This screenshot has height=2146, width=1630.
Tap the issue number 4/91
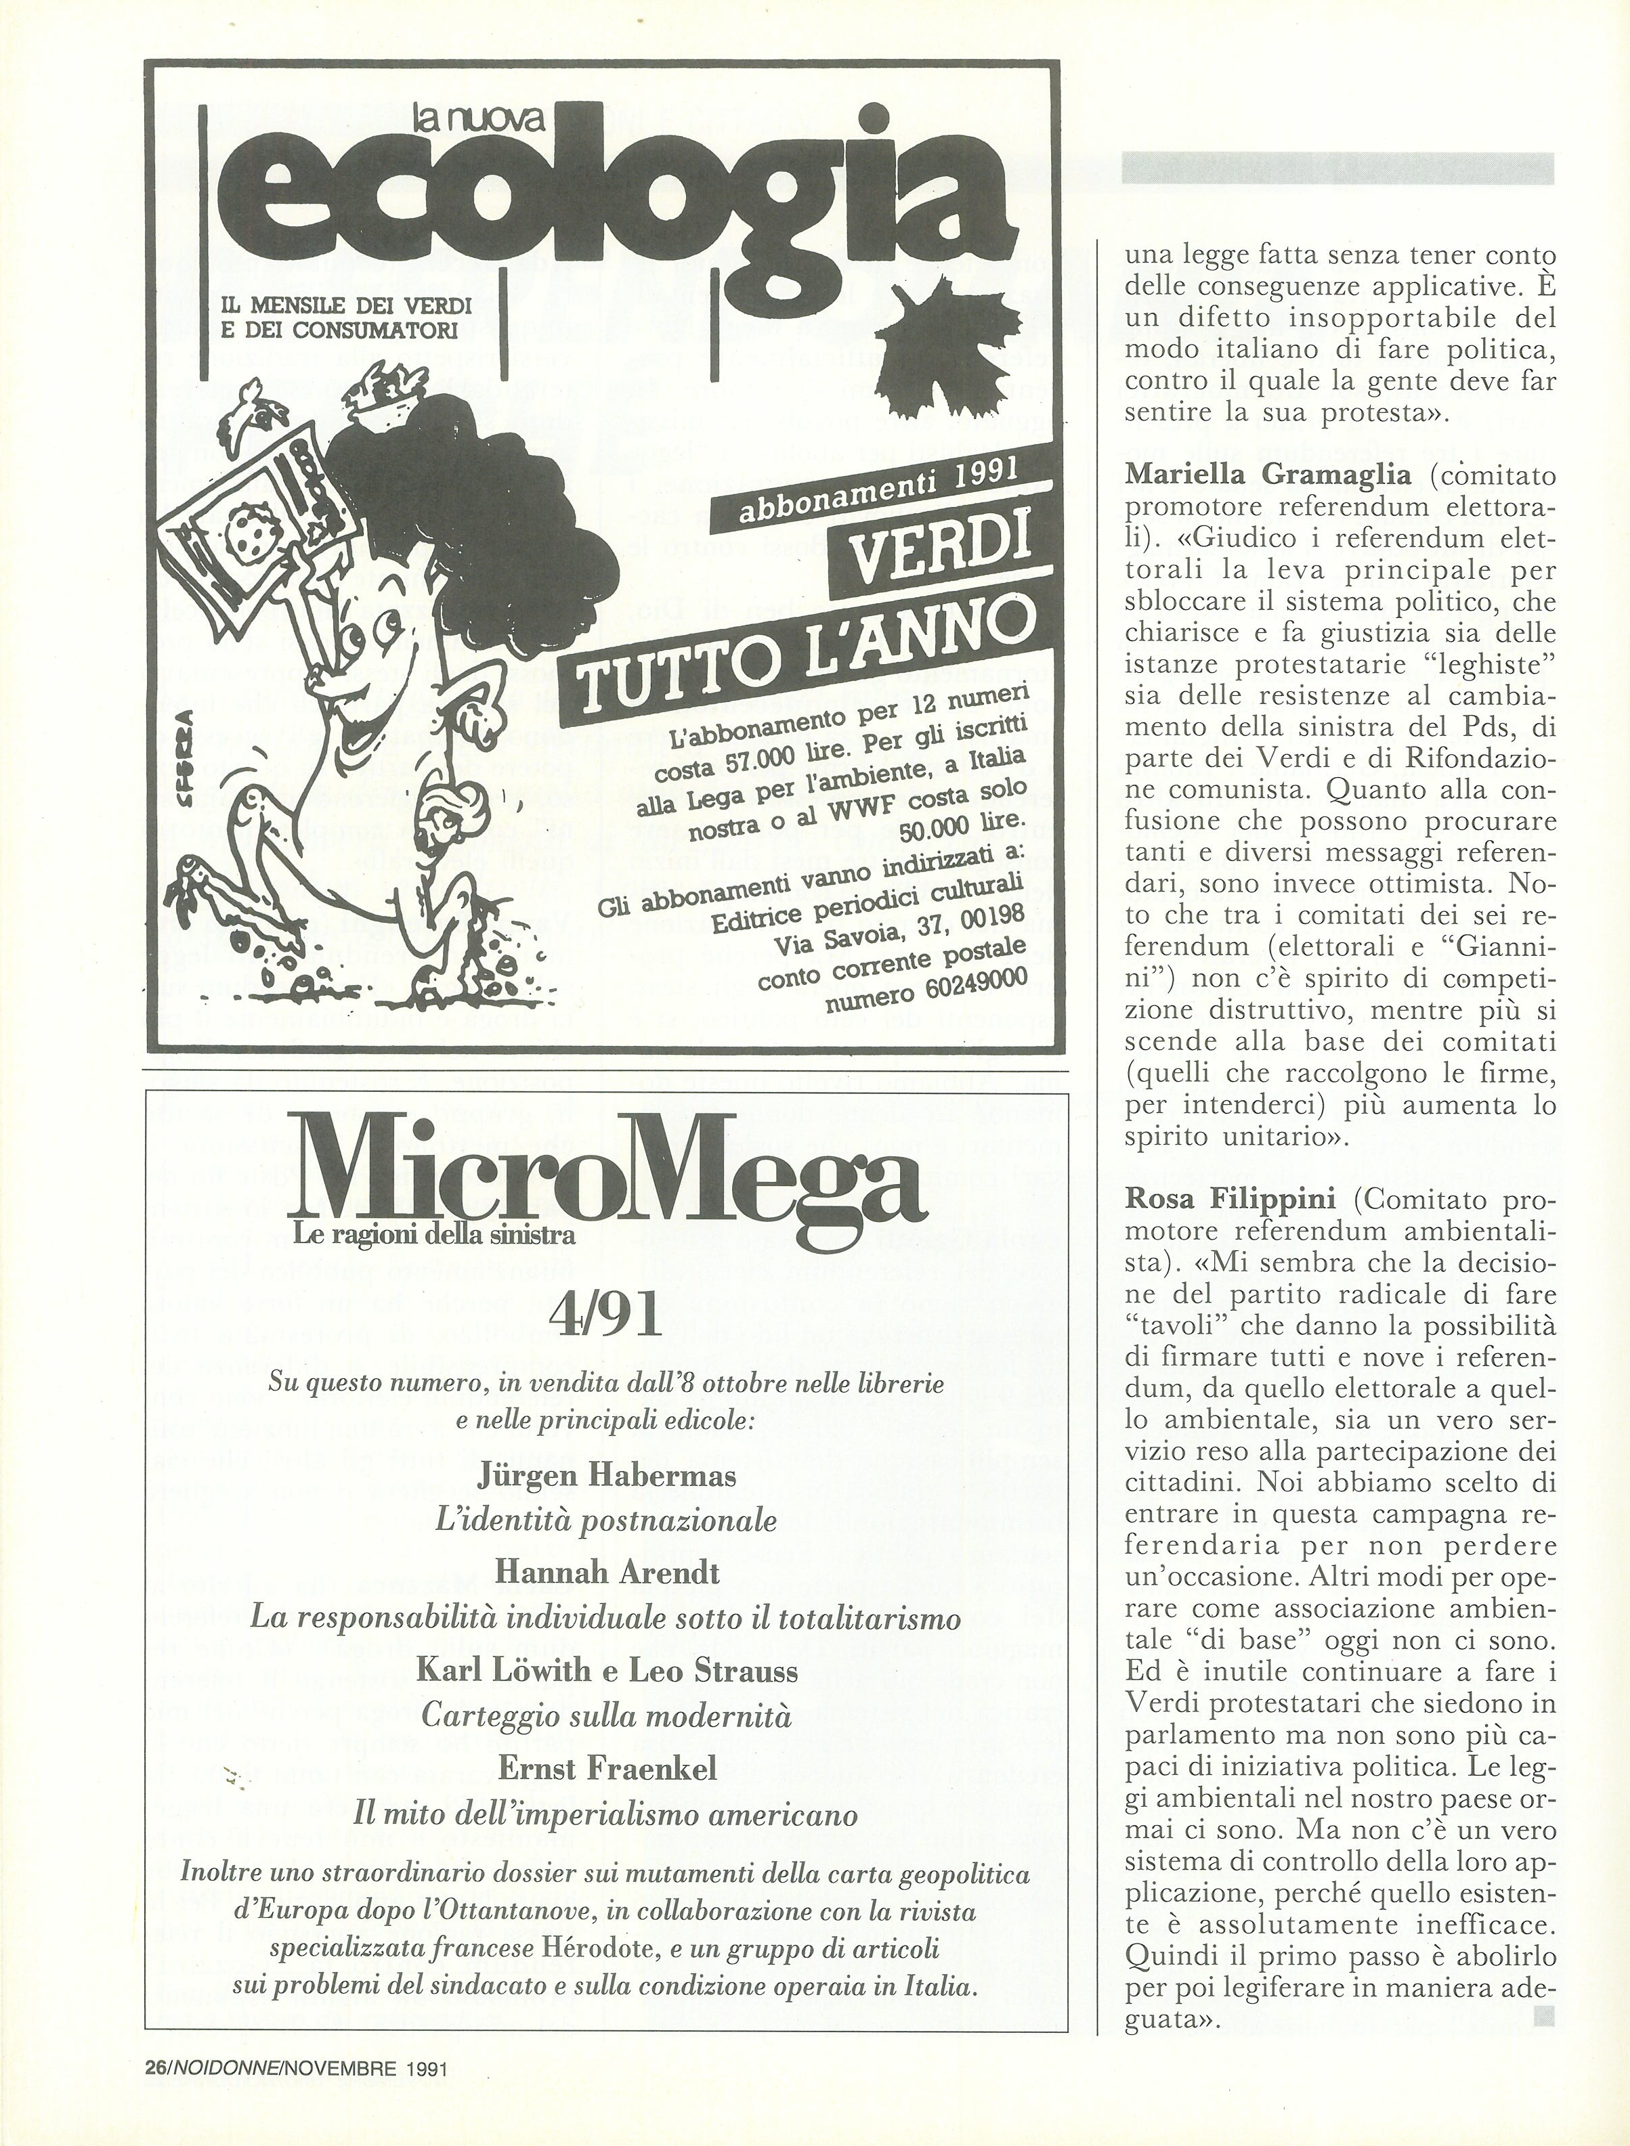[603, 1315]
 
